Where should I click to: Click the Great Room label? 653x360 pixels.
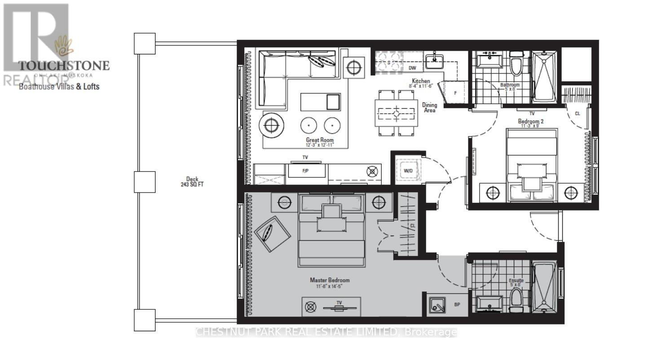click(x=320, y=140)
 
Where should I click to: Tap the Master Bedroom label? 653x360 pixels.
click(x=330, y=280)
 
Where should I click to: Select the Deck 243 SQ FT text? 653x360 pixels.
click(x=192, y=182)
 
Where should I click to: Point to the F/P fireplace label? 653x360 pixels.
click(x=306, y=171)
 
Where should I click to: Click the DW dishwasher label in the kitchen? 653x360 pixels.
click(x=412, y=68)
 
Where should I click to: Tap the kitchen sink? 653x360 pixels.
click(x=434, y=61)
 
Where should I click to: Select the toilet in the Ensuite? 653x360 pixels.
click(x=516, y=298)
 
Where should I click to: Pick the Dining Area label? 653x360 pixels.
click(x=429, y=108)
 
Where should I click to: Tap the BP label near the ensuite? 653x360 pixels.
click(x=457, y=305)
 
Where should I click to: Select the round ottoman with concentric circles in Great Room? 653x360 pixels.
click(x=271, y=125)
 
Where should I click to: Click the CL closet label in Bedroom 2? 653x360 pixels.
click(x=578, y=114)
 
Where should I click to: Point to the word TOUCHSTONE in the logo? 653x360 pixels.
click(x=63, y=66)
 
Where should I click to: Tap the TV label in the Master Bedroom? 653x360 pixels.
click(x=340, y=303)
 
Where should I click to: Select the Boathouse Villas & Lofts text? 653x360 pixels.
click(x=59, y=86)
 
